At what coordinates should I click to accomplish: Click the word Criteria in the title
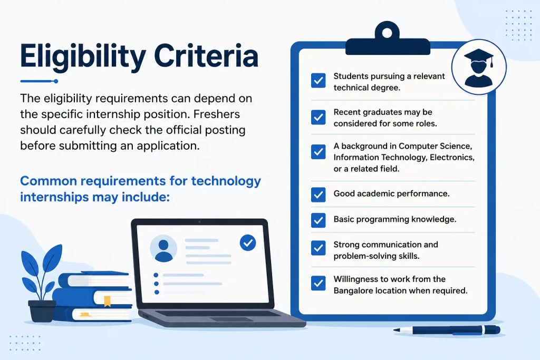[206, 55]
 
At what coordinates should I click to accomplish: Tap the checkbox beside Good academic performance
[318, 194]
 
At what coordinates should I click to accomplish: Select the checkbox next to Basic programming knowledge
[318, 220]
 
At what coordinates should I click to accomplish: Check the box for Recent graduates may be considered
[318, 118]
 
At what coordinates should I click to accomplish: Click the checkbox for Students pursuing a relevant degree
[318, 81]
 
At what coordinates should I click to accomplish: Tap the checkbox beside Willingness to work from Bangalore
[318, 283]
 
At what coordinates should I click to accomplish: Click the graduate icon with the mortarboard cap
[479, 67]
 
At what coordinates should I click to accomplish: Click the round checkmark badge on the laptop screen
[248, 242]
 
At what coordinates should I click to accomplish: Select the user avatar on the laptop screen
[163, 248]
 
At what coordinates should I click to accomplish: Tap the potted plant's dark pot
[42, 311]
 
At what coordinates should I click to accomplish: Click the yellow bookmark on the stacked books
[108, 301]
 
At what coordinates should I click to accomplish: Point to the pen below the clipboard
[447, 330]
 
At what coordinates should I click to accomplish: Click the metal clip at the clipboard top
[388, 38]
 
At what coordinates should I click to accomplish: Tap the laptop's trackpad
[231, 319]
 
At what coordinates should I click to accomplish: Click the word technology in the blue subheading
[226, 181]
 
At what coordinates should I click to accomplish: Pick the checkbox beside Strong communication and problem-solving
[318, 248]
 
